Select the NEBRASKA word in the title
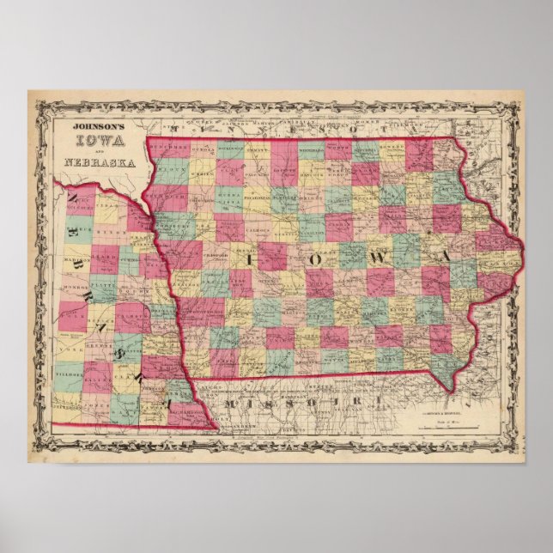87,161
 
